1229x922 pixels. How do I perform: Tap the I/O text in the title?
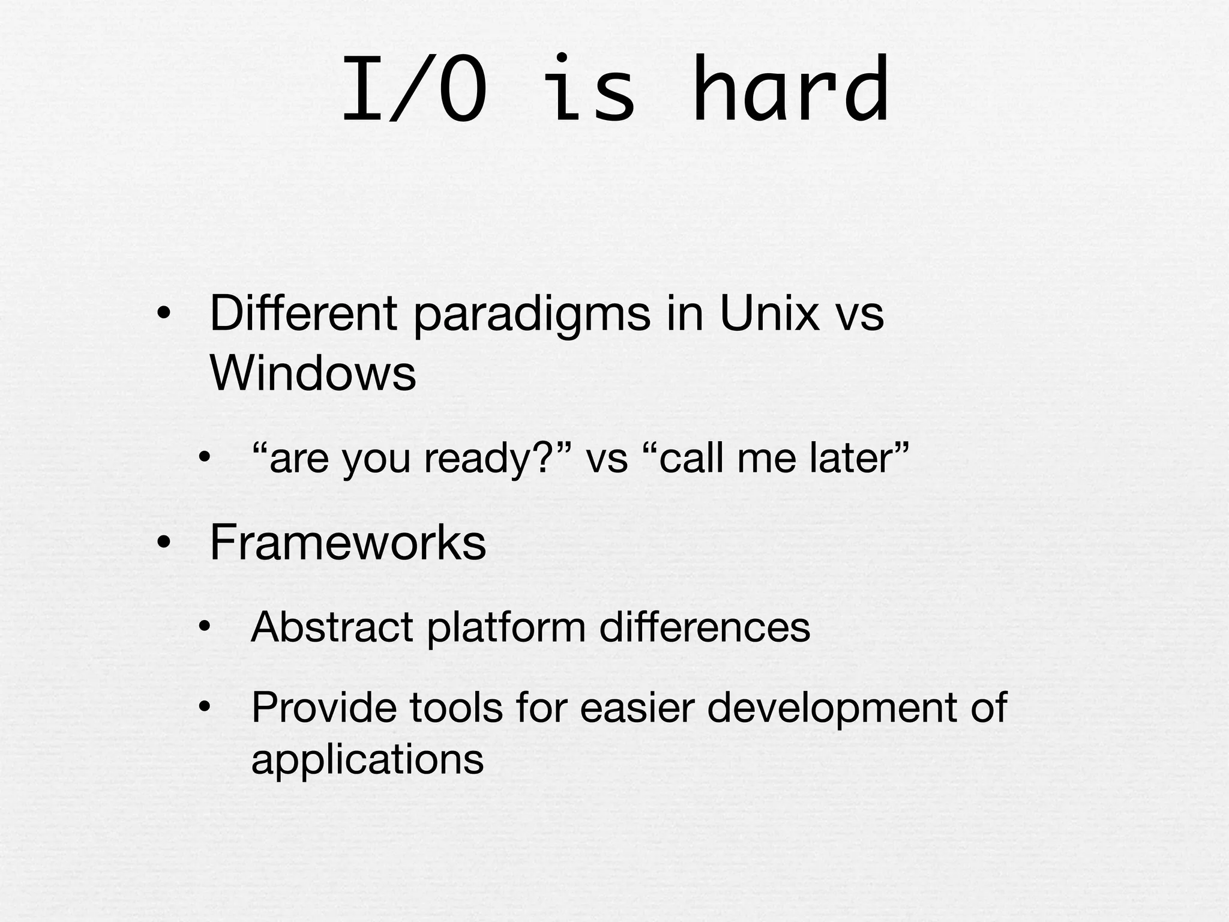414,90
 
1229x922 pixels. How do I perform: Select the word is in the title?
591,90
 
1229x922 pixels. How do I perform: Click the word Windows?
313,373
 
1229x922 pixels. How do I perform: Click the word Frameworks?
347,543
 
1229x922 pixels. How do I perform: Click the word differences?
705,627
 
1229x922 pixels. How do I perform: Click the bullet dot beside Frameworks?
164,544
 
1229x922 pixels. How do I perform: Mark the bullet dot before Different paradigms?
164,315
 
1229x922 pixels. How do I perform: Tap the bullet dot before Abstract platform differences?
205,628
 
